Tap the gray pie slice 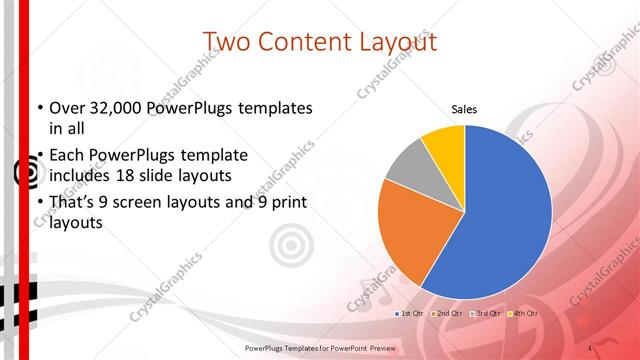pos(407,168)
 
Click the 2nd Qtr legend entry pos(448,314)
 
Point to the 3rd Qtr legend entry pos(486,314)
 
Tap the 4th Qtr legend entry pos(523,314)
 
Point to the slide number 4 pos(590,347)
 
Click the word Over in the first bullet pos(66,108)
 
